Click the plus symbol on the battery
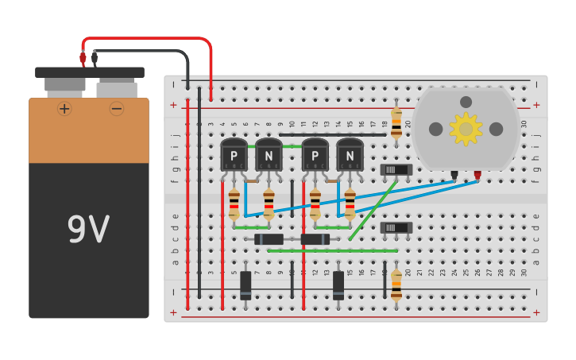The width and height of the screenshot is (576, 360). click(x=64, y=108)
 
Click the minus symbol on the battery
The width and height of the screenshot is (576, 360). click(x=117, y=108)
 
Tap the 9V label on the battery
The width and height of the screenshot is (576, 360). click(x=88, y=230)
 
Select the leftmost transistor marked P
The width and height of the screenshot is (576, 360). click(x=234, y=154)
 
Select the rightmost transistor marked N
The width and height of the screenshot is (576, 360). click(x=350, y=154)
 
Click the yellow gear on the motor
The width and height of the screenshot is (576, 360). click(x=466, y=129)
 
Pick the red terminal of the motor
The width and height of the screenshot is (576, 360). click(x=477, y=175)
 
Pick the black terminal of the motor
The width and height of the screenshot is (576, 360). click(x=454, y=175)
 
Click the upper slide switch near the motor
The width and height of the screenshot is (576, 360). click(x=396, y=169)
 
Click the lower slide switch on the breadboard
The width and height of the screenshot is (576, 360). click(x=396, y=227)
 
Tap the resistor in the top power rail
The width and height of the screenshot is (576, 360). click(x=396, y=123)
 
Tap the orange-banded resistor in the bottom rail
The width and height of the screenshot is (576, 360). click(x=396, y=285)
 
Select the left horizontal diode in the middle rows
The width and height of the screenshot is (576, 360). click(x=269, y=239)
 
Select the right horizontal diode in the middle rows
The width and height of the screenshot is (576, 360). click(x=315, y=239)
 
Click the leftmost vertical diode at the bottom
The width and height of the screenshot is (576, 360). click(x=245, y=285)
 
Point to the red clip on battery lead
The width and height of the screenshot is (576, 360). click(x=83, y=57)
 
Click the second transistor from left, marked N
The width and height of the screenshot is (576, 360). click(x=269, y=154)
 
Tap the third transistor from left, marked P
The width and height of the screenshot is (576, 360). click(x=315, y=154)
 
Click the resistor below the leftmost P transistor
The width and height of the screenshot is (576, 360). click(x=234, y=203)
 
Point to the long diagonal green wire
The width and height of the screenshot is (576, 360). click(x=373, y=210)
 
